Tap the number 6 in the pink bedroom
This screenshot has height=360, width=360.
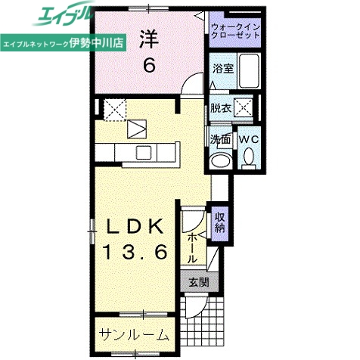point(150,66)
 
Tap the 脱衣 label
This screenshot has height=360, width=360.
point(221,107)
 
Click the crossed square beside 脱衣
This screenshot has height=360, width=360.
point(244,107)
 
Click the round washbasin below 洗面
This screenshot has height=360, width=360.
point(222,160)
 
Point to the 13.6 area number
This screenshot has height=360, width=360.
point(136,254)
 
